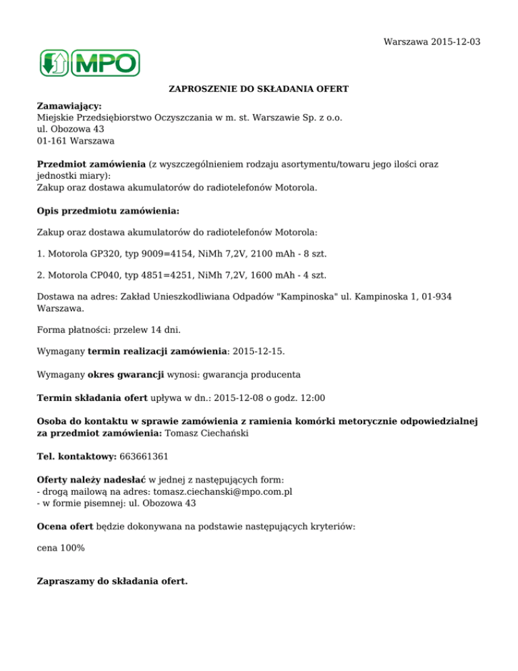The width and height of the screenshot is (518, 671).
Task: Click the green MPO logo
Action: pos(88,63)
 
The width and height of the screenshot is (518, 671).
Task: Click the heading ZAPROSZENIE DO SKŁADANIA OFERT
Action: pos(258,88)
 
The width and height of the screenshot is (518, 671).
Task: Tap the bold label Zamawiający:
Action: pos(69,106)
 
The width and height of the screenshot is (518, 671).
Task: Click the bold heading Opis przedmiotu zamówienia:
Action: pos(108,211)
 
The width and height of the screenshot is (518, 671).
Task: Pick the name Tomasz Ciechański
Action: pos(206,433)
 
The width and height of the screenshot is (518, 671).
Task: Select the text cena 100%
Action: pos(61,548)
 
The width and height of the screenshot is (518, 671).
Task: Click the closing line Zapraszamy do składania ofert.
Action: pos(113,581)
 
